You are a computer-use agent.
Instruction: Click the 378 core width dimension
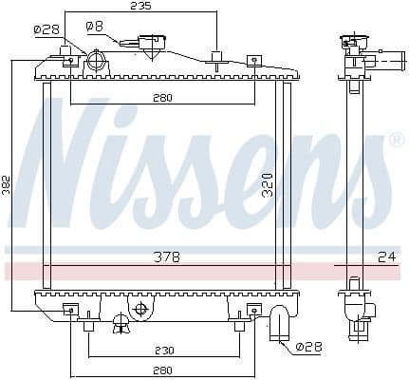point(168,256)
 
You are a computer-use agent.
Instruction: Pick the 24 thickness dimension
point(385,256)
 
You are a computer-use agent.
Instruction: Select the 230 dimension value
point(163,349)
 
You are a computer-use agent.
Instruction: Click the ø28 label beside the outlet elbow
point(308,348)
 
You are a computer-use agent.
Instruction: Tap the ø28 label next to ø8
point(46,29)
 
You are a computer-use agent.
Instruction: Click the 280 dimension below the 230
point(163,370)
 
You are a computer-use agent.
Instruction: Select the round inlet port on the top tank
point(95,63)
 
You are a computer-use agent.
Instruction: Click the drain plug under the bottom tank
point(121,327)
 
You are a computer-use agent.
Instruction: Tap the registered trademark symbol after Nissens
point(396,140)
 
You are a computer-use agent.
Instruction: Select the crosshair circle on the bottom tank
point(140,310)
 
